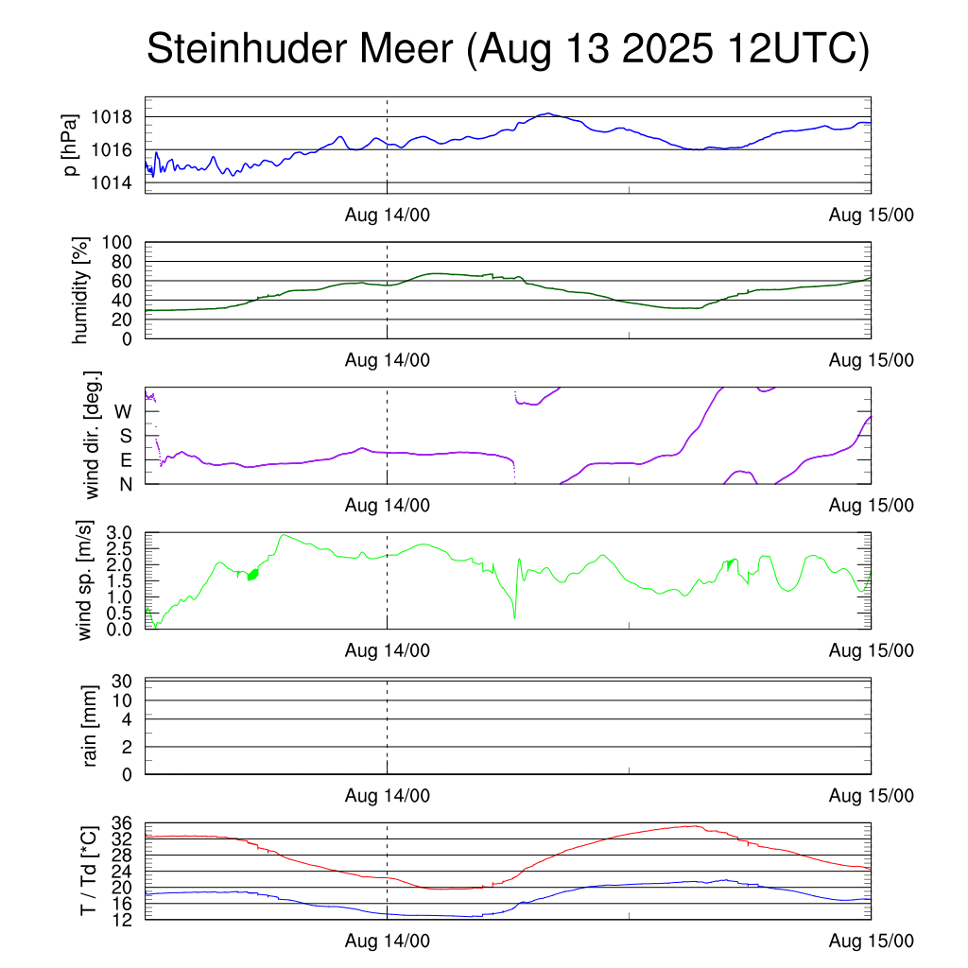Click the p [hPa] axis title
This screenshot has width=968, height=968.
click(x=71, y=145)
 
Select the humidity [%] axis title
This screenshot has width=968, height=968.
click(x=80, y=290)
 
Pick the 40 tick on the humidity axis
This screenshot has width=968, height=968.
click(x=126, y=301)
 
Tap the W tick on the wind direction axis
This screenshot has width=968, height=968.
click(x=124, y=412)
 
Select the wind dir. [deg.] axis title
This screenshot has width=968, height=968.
click(x=93, y=436)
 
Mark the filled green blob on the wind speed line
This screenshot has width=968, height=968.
click(x=252, y=574)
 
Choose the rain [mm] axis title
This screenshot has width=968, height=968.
click(x=92, y=727)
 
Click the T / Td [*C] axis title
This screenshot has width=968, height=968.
click(x=88, y=870)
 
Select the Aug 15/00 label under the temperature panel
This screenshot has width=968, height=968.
click(x=871, y=941)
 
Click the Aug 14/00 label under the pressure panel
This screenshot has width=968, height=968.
click(x=387, y=216)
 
